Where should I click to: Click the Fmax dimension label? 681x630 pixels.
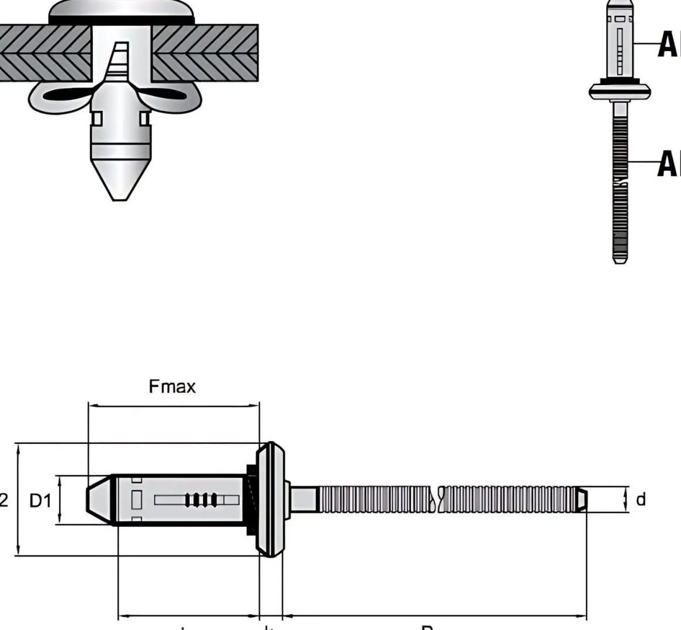click(172, 387)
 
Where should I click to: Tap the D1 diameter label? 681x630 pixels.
click(41, 501)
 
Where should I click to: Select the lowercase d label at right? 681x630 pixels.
click(640, 500)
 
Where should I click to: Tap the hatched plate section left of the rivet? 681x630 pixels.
click(44, 53)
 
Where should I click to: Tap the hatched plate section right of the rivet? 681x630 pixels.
click(205, 53)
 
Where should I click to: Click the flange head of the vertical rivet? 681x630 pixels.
click(620, 91)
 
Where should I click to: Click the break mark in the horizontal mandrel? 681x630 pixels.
click(437, 500)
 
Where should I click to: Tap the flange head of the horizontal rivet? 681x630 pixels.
click(271, 499)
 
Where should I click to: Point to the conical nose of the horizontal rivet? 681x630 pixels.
click(99, 500)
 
